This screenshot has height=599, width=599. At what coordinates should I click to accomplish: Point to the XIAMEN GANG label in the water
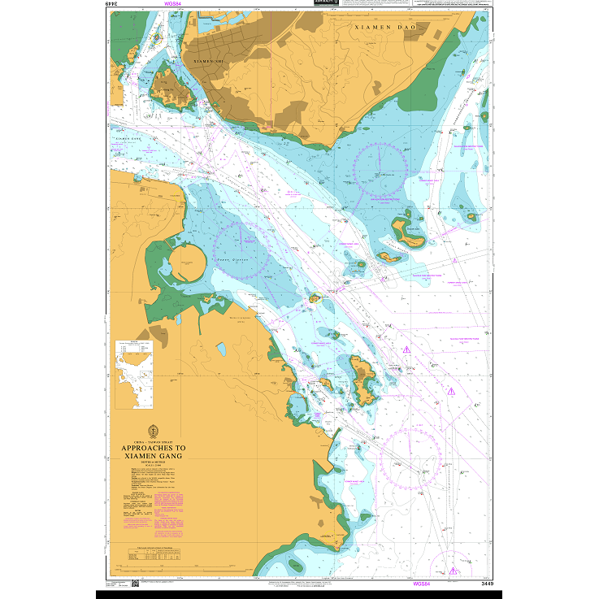(130, 139)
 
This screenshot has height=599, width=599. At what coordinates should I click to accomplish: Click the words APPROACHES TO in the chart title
(153, 448)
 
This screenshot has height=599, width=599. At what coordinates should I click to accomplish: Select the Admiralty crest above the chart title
(152, 431)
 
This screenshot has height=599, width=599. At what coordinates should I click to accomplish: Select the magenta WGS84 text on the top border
(173, 4)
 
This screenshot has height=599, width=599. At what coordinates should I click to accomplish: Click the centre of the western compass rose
(243, 250)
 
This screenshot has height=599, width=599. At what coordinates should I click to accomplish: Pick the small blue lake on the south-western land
(221, 349)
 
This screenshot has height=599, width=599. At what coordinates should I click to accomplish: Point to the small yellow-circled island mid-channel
(315, 300)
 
